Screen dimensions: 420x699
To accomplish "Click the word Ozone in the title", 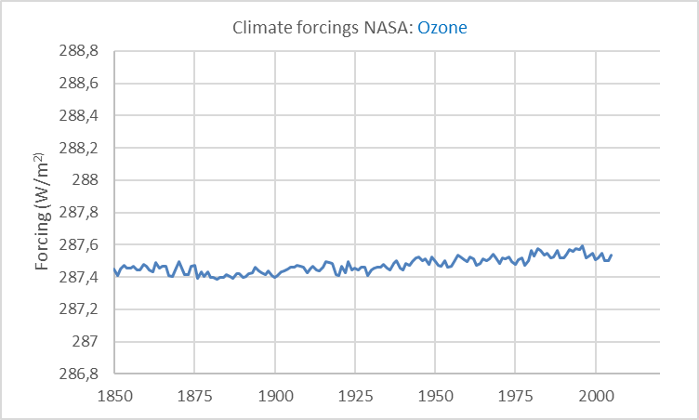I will [442, 28].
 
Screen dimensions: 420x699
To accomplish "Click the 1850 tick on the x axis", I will [114, 395].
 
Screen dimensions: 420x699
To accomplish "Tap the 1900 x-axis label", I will [275, 395].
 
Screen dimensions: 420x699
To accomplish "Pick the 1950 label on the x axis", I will [435, 395].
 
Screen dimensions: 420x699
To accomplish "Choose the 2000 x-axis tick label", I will [596, 395].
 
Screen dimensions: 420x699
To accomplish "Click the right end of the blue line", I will [612, 254].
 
